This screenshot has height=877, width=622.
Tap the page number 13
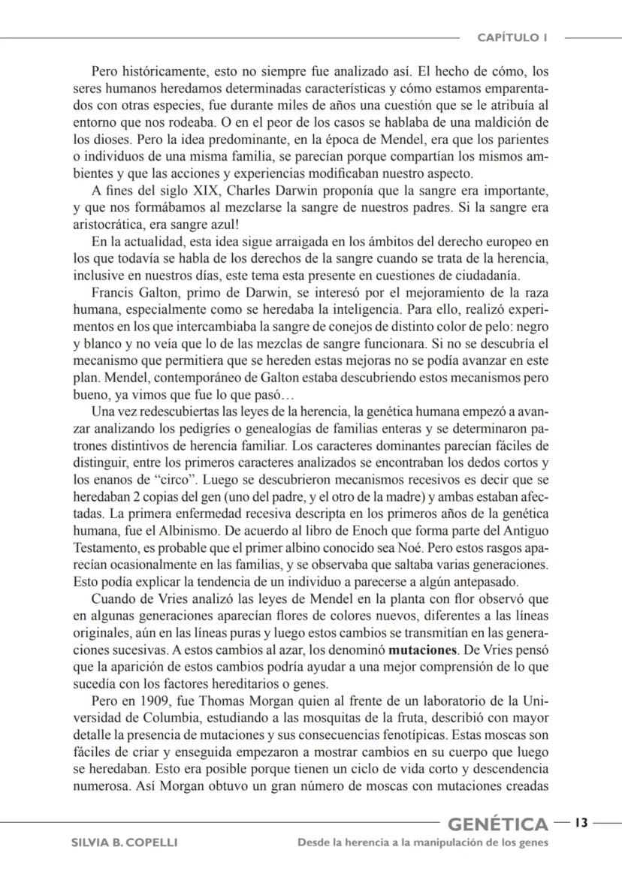point(581,823)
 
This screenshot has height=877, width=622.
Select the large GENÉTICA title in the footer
point(497,825)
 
